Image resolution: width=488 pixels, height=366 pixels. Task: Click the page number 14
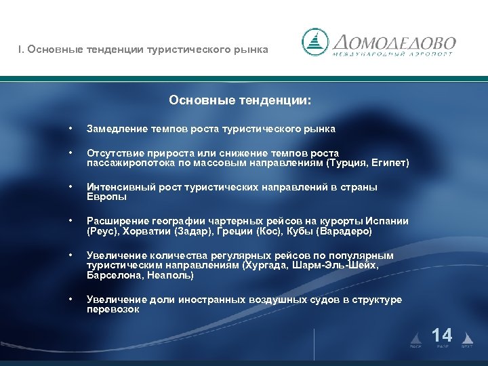pos(442,335)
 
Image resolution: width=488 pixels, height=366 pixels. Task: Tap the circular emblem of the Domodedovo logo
pos(316,43)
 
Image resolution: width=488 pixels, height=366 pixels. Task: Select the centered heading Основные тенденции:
pos(241,100)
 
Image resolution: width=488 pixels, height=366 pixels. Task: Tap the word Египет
pos(388,163)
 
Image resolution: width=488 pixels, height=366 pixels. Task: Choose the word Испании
pos(389,222)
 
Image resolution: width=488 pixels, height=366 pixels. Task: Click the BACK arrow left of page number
pos(416,336)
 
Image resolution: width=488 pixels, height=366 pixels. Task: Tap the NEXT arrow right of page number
pos(467,336)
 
